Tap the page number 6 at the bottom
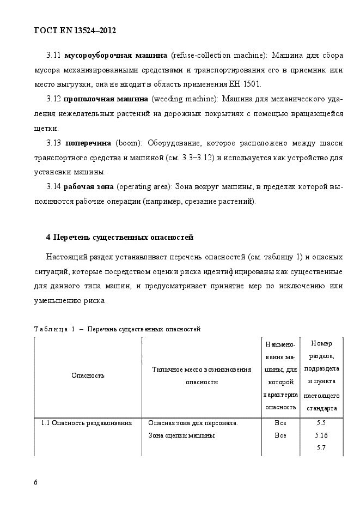point(35,482)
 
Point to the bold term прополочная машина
point(106,99)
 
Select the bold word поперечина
point(88,143)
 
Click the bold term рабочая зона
point(89,187)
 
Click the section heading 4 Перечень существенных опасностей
point(119,237)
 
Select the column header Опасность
point(88,375)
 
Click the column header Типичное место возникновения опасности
point(202,375)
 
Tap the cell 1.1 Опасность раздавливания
point(87,422)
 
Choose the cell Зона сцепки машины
point(181,435)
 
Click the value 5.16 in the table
point(321,435)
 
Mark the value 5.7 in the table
point(321,447)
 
